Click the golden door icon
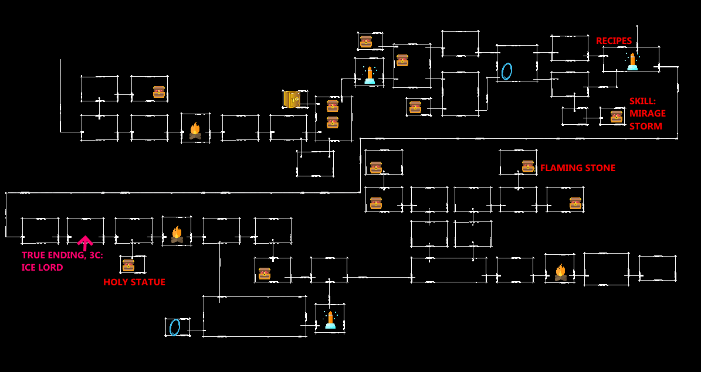click(x=292, y=99)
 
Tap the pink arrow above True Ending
click(x=85, y=242)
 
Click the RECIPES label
click(x=614, y=41)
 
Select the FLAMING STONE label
click(x=577, y=168)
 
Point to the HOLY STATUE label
click(x=134, y=282)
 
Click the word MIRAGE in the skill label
click(x=647, y=114)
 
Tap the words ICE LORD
click(x=42, y=268)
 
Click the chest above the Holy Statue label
click(x=128, y=265)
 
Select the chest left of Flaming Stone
click(x=528, y=166)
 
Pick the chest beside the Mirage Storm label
click(x=617, y=117)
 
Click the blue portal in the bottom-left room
click(x=174, y=327)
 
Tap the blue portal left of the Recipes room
click(x=507, y=71)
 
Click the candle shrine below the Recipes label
click(x=632, y=62)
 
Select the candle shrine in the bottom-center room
click(x=330, y=320)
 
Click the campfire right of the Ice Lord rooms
click(x=177, y=234)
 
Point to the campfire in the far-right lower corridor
click(x=560, y=272)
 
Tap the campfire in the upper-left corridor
click(x=195, y=131)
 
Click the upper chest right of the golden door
click(x=333, y=106)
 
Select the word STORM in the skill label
click(x=645, y=127)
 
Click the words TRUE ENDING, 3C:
click(x=62, y=255)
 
